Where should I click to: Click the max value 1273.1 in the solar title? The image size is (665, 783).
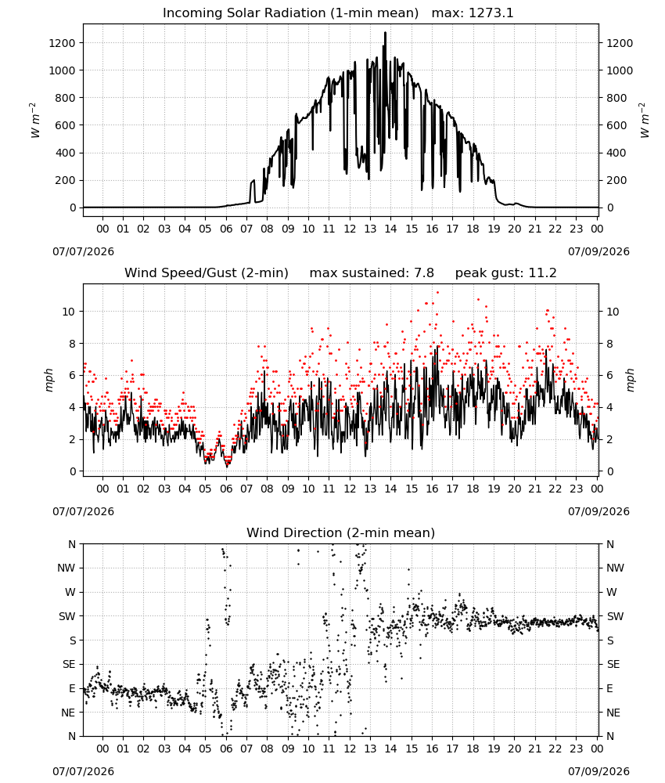click(x=491, y=13)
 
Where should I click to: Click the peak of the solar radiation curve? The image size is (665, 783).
click(x=385, y=32)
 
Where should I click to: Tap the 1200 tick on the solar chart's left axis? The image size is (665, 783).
click(x=62, y=43)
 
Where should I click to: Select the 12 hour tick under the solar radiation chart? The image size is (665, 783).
click(x=350, y=229)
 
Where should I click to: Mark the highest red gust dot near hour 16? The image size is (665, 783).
click(x=437, y=292)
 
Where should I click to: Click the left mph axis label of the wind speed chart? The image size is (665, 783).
click(x=49, y=380)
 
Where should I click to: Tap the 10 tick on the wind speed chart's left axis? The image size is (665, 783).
click(x=69, y=312)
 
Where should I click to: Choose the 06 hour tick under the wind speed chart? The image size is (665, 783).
click(x=226, y=489)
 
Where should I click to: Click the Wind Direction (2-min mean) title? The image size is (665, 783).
click(x=341, y=532)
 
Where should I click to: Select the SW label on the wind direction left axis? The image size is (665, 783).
click(x=66, y=616)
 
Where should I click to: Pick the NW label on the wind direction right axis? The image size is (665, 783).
click(x=615, y=568)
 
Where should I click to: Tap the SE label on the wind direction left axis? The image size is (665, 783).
click(x=69, y=664)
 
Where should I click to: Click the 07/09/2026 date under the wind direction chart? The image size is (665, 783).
click(x=598, y=771)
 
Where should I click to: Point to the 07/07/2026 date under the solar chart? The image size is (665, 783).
click(x=83, y=251)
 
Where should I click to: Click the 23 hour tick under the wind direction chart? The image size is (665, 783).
click(x=576, y=749)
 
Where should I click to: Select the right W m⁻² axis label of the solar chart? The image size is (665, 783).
click(x=644, y=121)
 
